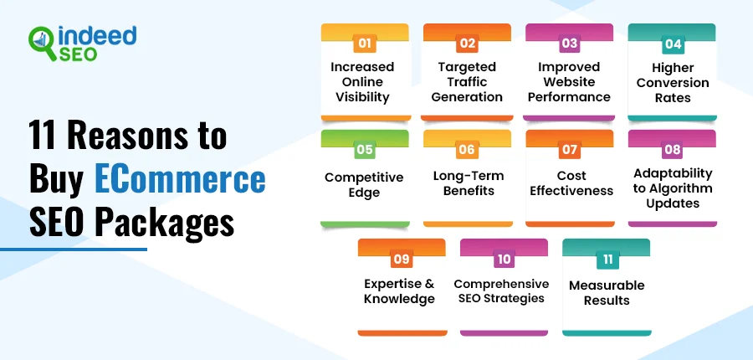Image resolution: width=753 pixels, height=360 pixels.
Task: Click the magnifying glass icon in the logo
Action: click(43, 43)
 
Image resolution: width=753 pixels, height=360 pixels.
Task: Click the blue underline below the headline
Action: click(74, 249)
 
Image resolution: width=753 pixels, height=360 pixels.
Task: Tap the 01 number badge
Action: click(365, 44)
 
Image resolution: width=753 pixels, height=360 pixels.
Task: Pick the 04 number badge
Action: click(673, 44)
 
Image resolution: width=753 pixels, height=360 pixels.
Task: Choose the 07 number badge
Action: click(570, 150)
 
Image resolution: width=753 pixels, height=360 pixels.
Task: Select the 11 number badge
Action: click(608, 260)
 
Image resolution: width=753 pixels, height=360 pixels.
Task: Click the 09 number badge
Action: click(402, 260)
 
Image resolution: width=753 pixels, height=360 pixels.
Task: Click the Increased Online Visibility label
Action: click(362, 82)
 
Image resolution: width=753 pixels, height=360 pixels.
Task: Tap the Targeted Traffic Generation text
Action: click(467, 82)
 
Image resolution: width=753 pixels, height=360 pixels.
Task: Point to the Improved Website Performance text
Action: click(569, 82)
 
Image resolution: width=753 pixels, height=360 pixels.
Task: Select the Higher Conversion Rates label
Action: click(673, 83)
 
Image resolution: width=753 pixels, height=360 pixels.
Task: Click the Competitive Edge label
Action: click(364, 185)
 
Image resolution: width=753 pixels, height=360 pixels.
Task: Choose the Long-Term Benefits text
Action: click(469, 183)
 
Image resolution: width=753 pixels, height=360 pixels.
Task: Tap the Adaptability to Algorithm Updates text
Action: click(673, 188)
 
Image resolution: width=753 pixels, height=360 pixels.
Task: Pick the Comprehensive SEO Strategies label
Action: click(501, 291)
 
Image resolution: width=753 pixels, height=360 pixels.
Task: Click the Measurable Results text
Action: click(607, 293)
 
